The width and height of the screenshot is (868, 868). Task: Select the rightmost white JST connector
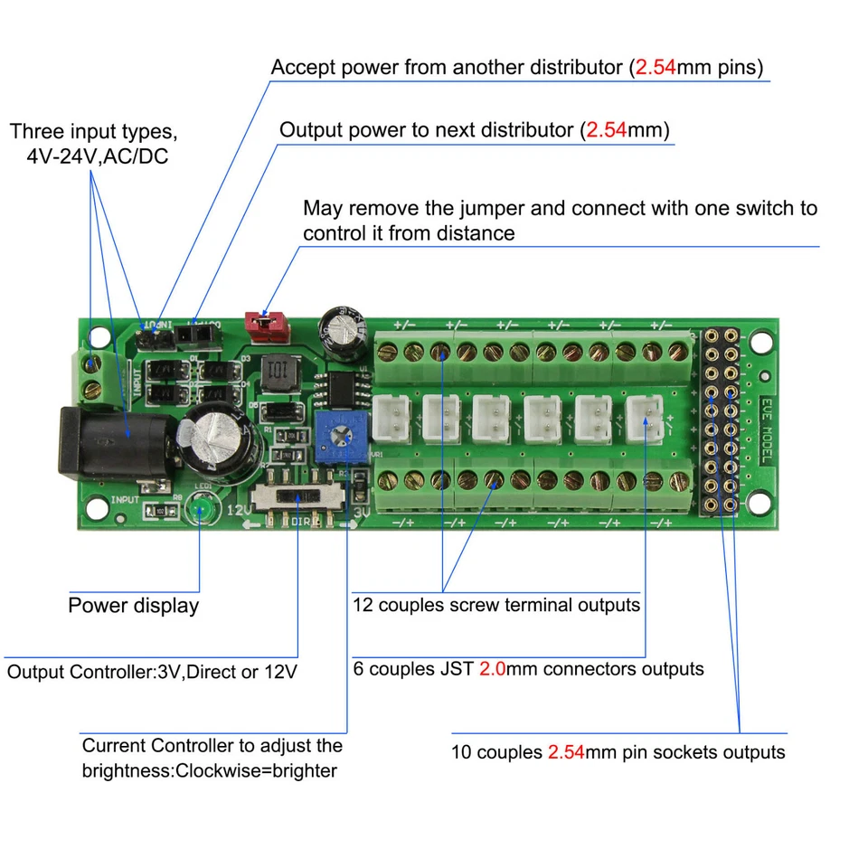click(646, 418)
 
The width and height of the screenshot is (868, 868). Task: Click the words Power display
click(133, 606)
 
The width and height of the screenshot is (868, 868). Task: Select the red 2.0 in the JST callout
click(493, 670)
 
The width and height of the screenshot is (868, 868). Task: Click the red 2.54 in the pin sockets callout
click(566, 752)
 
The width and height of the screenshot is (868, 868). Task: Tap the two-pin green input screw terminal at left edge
click(91, 377)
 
